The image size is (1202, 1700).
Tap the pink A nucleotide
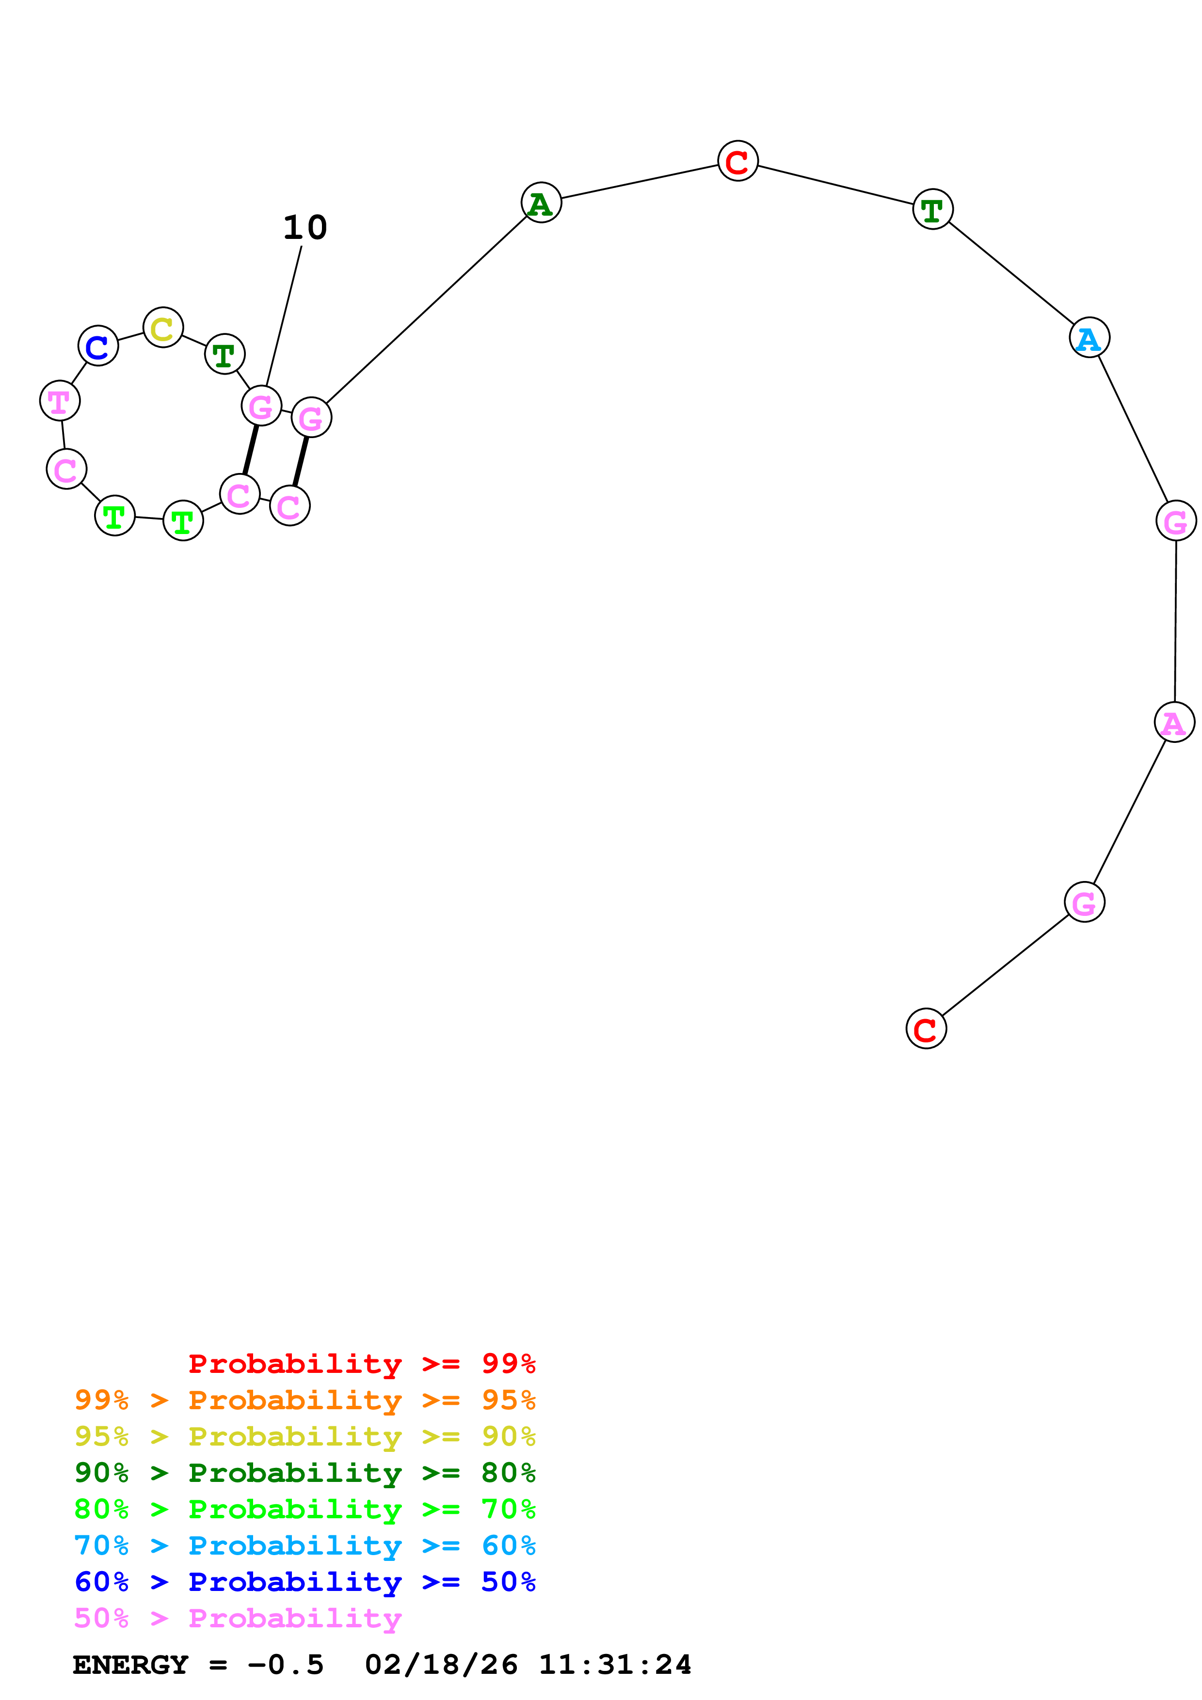[1174, 722]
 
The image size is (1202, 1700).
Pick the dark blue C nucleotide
[98, 346]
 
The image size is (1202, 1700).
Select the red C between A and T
[737, 161]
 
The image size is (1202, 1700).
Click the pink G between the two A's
[1175, 521]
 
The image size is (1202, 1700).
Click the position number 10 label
[305, 227]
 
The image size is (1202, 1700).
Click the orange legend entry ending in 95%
[305, 1400]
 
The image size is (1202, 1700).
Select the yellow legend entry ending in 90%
[305, 1436]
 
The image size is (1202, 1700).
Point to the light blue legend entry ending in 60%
[305, 1545]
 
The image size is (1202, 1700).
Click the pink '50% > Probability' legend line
[238, 1618]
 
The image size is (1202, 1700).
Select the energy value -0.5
[286, 1665]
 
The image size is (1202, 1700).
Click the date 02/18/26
[441, 1665]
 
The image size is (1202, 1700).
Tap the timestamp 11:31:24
[615, 1665]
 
